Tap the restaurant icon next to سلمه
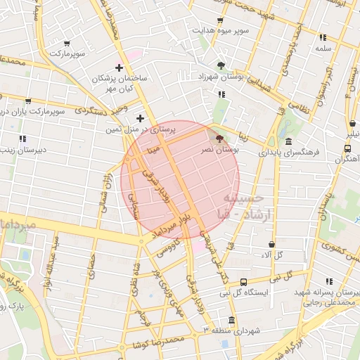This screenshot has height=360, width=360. click(323, 37)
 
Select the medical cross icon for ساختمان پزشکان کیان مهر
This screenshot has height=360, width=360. click(119, 68)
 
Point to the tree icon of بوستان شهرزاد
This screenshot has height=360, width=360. click(221, 65)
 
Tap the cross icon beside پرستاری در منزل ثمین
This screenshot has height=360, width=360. click(140, 118)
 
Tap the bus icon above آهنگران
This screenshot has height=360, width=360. click(348, 148)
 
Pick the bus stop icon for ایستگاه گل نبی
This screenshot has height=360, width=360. click(243, 281)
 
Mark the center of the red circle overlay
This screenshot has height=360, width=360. click(181, 179)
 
